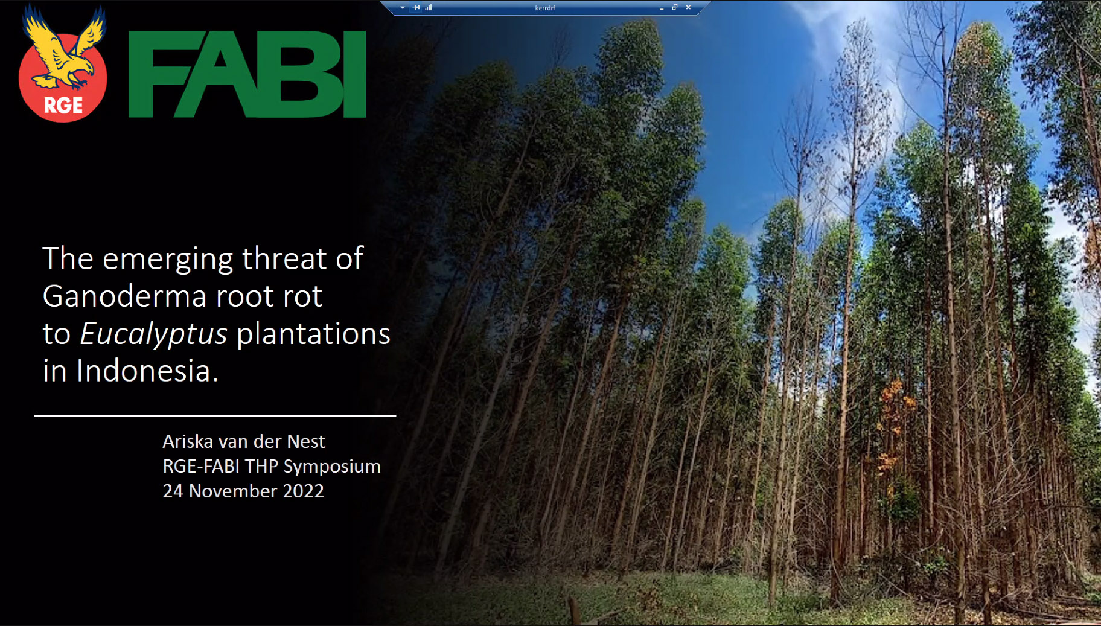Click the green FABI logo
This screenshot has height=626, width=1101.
[x=247, y=74]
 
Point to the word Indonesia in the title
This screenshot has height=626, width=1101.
[x=147, y=370]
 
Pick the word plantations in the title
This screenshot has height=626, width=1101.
[x=313, y=334]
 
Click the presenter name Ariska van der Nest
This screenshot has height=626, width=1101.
[x=244, y=441]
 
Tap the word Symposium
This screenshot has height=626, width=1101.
[x=332, y=467]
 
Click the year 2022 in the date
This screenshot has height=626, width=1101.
[x=304, y=491]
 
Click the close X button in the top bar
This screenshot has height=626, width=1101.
[x=688, y=7]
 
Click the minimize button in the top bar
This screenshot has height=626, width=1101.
[x=662, y=8]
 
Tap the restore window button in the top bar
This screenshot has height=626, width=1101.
[x=675, y=7]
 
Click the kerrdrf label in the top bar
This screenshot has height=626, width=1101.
[x=545, y=8]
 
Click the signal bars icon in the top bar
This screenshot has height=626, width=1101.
[x=429, y=7]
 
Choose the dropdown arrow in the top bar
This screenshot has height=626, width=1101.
[x=403, y=8]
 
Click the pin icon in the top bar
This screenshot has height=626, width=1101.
[x=416, y=7]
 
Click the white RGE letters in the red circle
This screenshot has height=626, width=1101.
[x=63, y=105]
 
